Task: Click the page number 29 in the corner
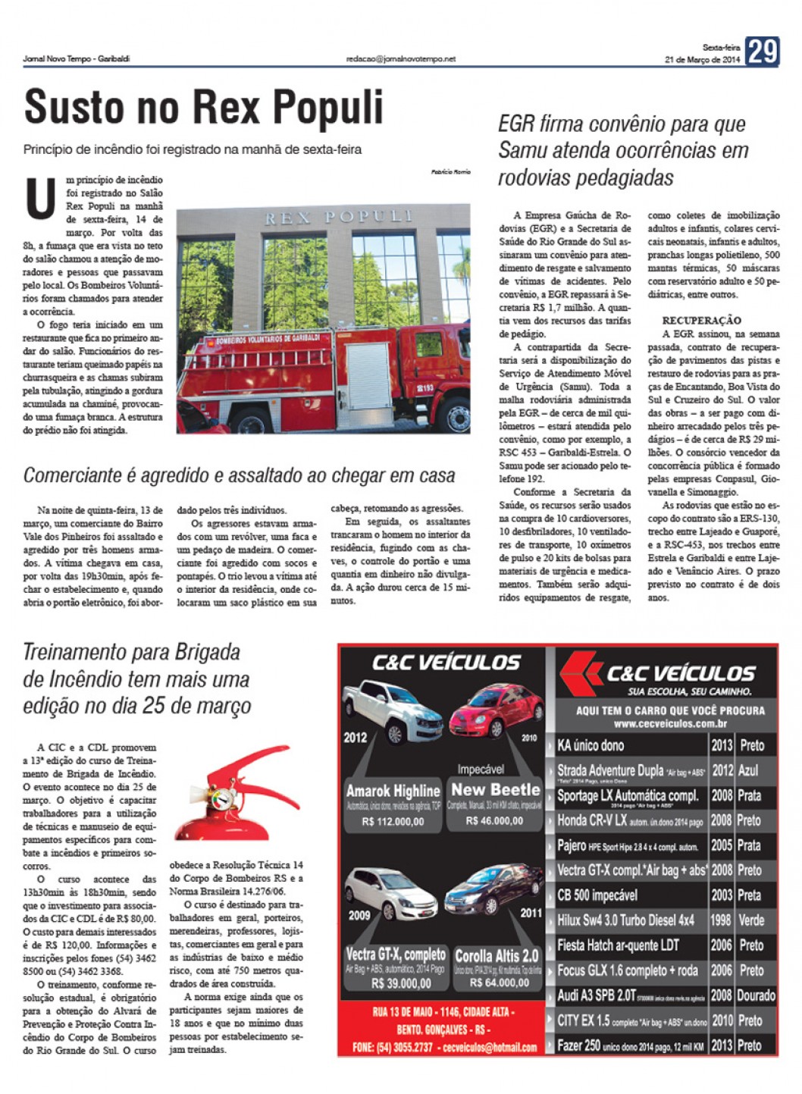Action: click(762, 52)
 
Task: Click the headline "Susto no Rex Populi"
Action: click(204, 107)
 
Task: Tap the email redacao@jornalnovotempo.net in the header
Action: click(400, 58)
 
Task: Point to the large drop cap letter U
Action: click(40, 198)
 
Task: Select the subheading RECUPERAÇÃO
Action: click(701, 320)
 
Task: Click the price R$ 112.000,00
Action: click(393, 821)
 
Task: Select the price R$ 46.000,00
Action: click(494, 820)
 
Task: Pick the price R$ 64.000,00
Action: click(497, 983)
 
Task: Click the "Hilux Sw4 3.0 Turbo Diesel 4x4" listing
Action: click(625, 920)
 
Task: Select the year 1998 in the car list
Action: click(721, 920)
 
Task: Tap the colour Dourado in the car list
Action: click(755, 995)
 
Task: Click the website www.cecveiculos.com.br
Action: click(669, 723)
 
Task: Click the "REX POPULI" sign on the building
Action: click(338, 218)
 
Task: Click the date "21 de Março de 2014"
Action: click(702, 60)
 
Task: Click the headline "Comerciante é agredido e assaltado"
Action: click(239, 475)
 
